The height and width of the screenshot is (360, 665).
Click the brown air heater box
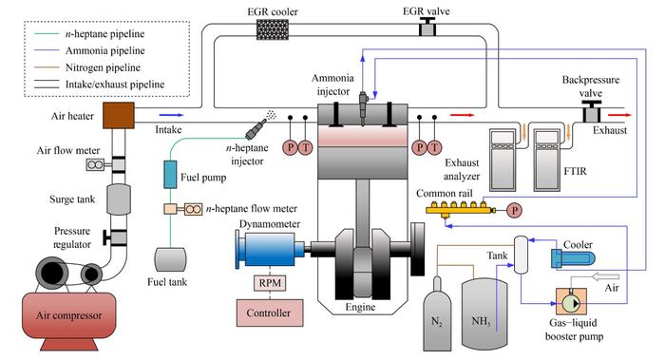[119, 115]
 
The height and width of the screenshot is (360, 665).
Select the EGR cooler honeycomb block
[273, 29]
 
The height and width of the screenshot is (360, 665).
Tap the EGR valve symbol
[427, 28]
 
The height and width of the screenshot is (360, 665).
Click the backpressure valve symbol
[591, 112]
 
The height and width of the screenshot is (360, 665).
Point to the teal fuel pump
[170, 174]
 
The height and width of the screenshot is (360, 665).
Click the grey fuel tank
[170, 259]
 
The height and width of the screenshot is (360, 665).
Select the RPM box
[270, 283]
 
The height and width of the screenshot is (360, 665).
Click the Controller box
[270, 313]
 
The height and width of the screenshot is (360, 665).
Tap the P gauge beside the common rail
[514, 210]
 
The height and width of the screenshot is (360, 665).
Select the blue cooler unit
[573, 258]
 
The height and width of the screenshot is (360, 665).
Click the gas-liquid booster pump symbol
[572, 302]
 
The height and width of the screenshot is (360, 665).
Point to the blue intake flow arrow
[171, 115]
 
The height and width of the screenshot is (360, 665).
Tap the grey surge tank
[119, 199]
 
